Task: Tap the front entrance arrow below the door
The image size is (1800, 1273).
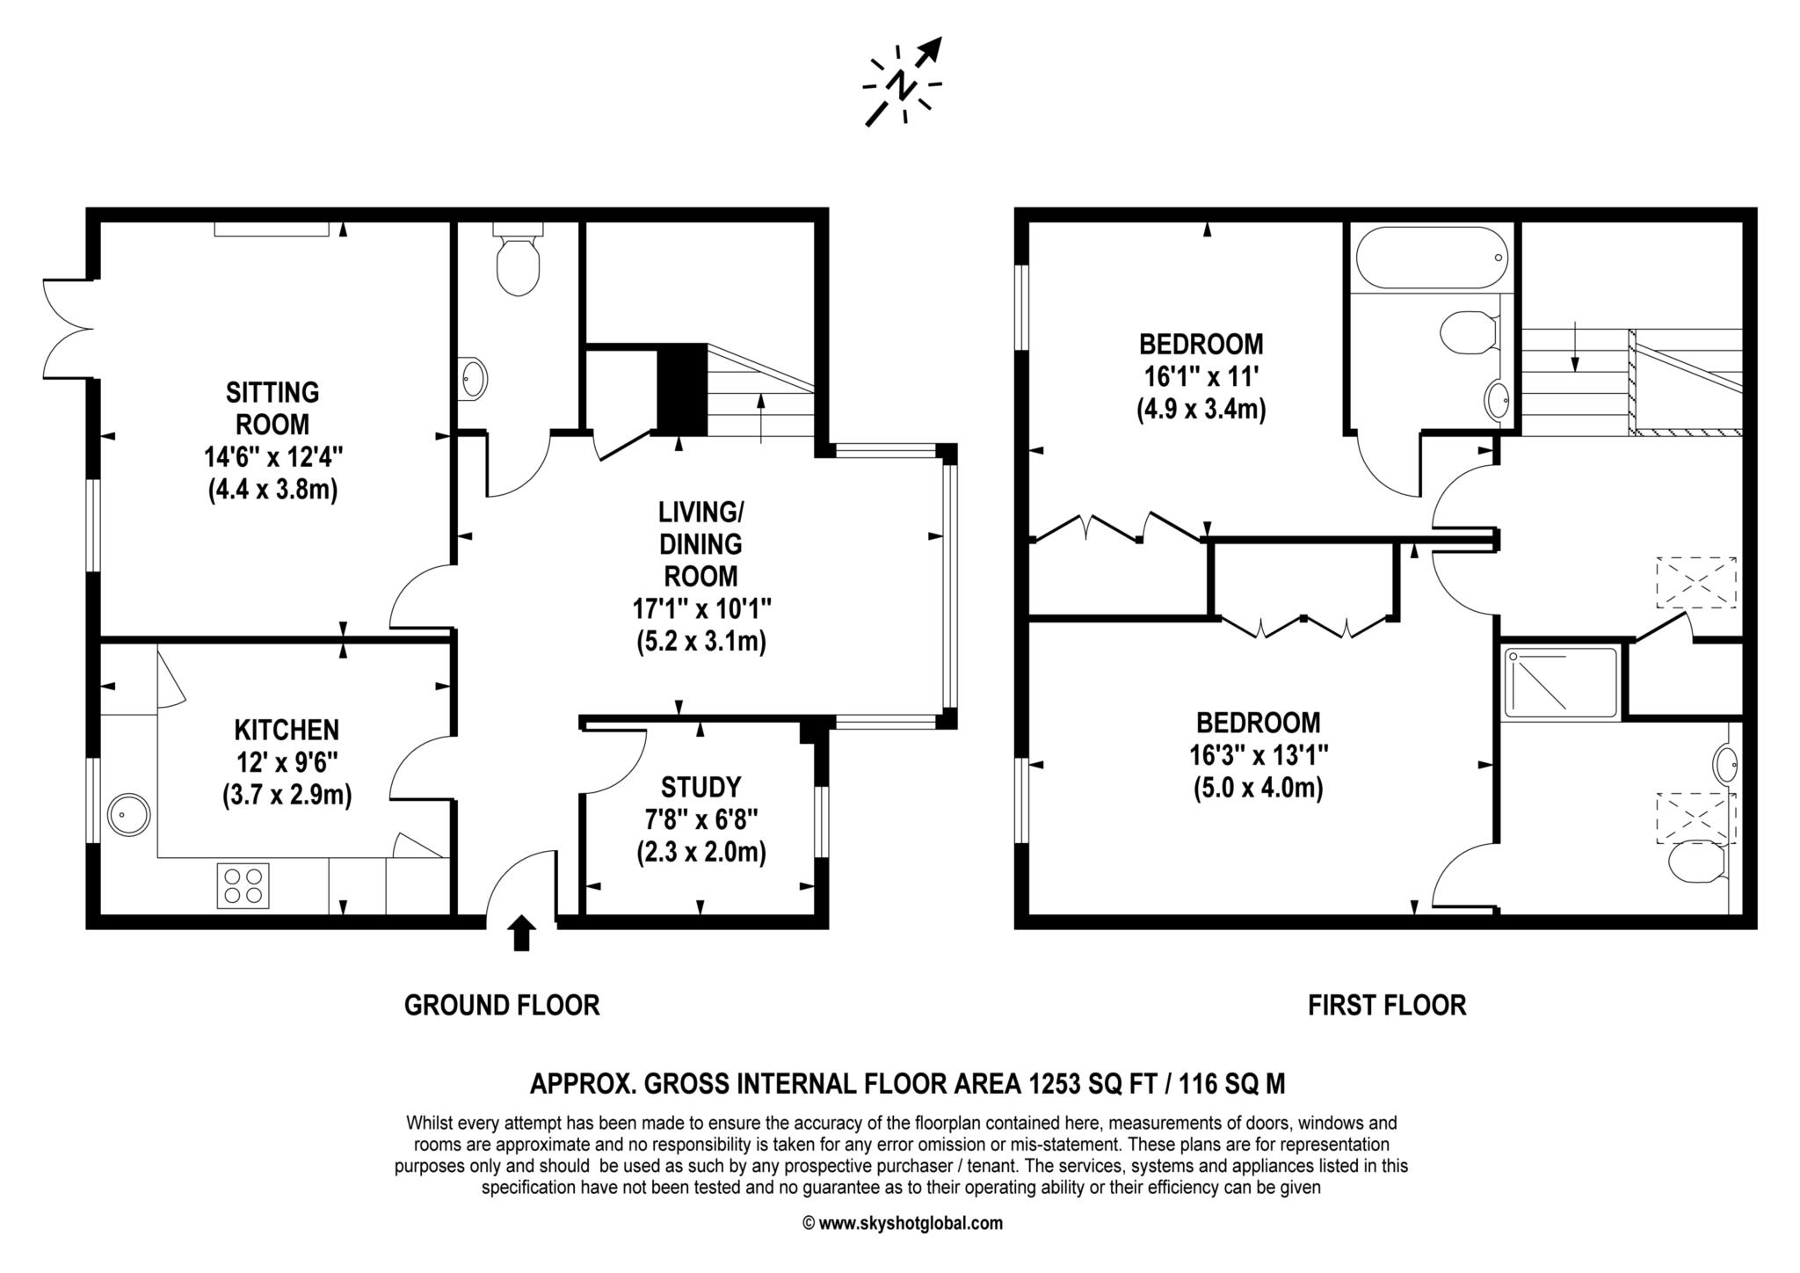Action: pyautogui.click(x=522, y=933)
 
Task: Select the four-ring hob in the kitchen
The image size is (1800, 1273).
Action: pyautogui.click(x=243, y=885)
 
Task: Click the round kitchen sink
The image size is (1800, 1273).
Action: pyautogui.click(x=128, y=814)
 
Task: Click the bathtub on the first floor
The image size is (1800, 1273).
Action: pyautogui.click(x=1432, y=257)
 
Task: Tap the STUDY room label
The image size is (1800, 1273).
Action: pyautogui.click(x=700, y=786)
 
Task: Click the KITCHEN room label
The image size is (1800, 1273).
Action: pyautogui.click(x=287, y=730)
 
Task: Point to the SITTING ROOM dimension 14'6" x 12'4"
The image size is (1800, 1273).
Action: pyautogui.click(x=273, y=457)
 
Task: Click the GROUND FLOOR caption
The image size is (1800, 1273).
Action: pyautogui.click(x=502, y=1005)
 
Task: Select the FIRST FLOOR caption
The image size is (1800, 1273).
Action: pyautogui.click(x=1387, y=1005)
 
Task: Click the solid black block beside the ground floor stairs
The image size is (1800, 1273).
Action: pyautogui.click(x=682, y=389)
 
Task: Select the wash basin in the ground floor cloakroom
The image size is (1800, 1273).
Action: pyautogui.click(x=474, y=379)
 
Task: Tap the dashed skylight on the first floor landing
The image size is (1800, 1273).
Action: pyautogui.click(x=1696, y=582)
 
